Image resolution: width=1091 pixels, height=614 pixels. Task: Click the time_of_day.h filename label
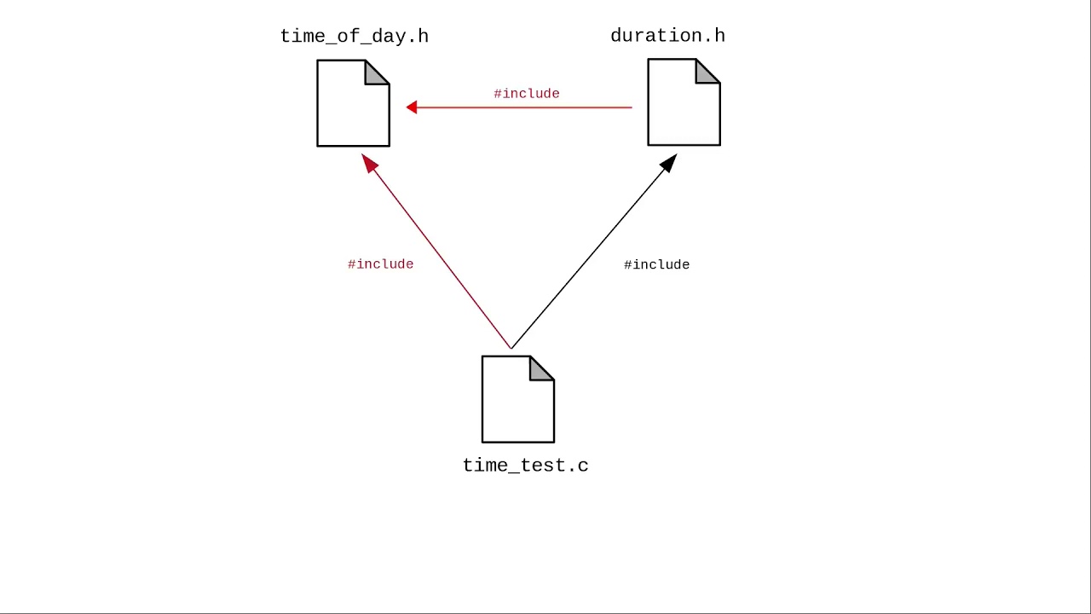tap(354, 36)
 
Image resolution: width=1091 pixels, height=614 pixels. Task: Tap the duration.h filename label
tap(667, 36)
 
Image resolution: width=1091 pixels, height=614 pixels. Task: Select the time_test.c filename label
tap(525, 466)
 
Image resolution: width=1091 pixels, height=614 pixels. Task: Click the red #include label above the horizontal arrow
tap(526, 94)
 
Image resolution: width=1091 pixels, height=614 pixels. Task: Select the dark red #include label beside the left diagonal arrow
tap(380, 264)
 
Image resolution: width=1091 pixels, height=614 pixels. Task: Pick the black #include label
tap(656, 265)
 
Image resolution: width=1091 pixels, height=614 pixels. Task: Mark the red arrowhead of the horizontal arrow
tap(412, 107)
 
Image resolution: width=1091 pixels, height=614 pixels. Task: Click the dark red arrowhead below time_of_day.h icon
tap(369, 163)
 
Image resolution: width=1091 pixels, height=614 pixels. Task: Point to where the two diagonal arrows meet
tap(511, 348)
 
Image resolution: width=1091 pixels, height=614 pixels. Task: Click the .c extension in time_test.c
tap(579, 466)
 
